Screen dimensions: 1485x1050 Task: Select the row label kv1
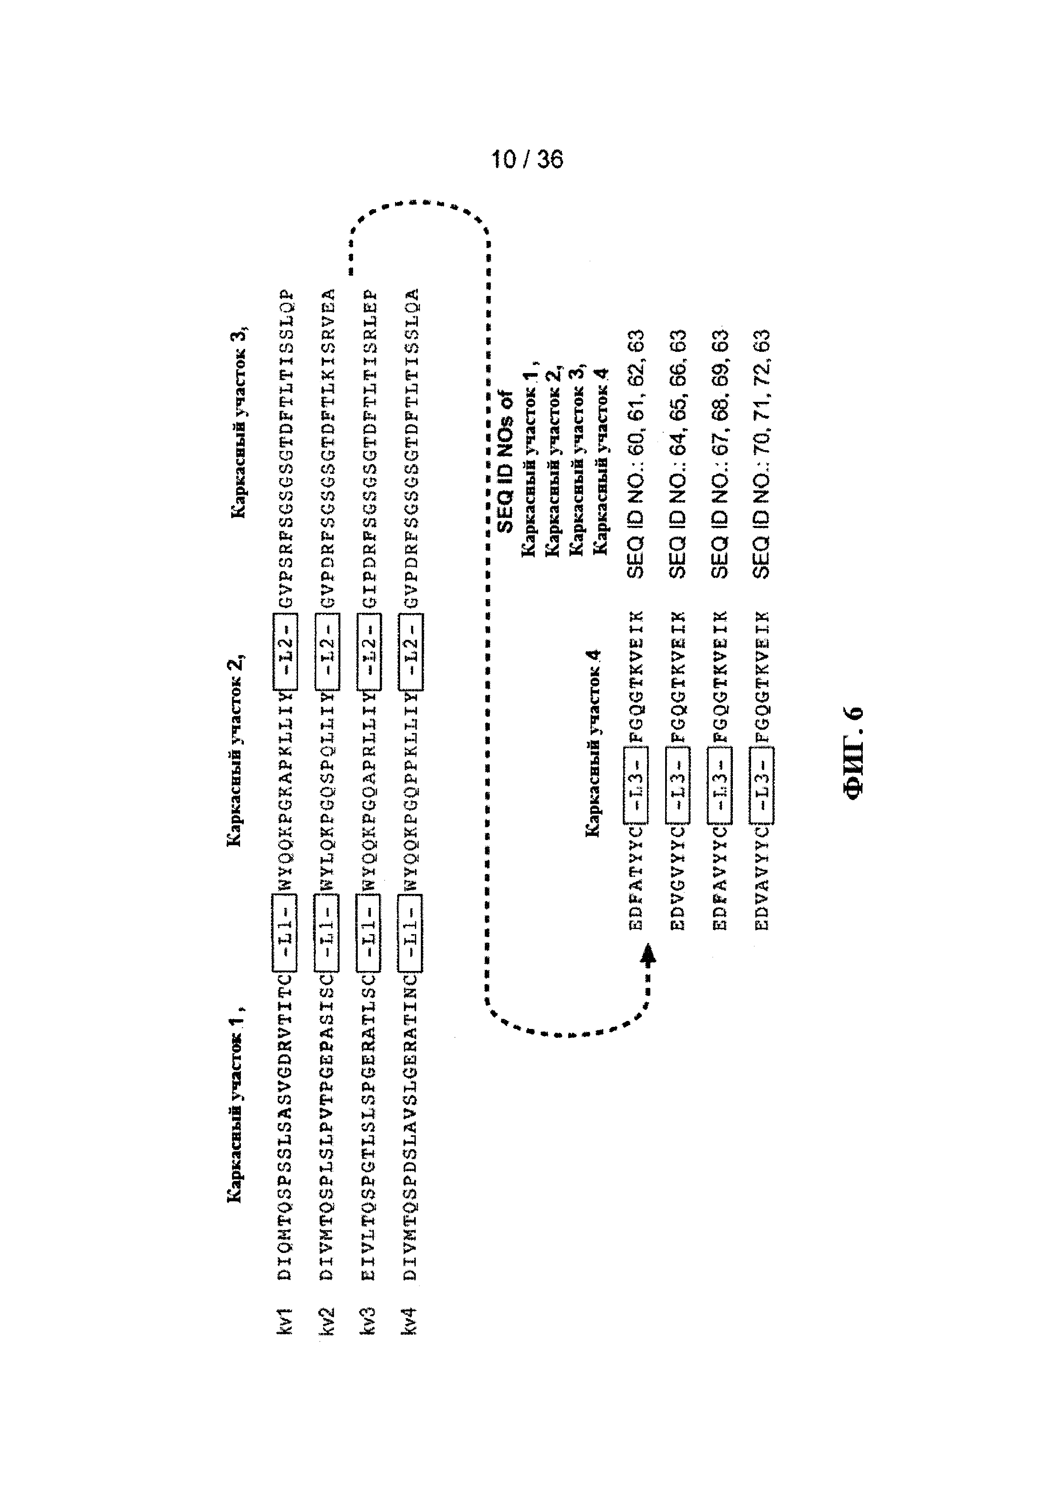point(285,1319)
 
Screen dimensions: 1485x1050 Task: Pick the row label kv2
point(327,1319)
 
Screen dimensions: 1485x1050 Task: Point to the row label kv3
point(368,1319)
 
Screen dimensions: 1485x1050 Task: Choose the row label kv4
point(410,1319)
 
